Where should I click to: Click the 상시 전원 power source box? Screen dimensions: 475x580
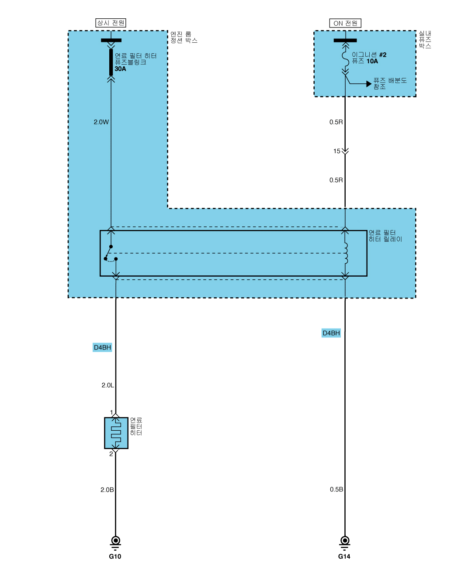111,23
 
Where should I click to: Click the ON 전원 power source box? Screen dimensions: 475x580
345,23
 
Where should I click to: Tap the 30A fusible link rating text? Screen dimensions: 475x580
120,69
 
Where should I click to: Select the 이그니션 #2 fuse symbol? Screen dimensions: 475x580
345,58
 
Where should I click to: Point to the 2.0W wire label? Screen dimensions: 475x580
101,122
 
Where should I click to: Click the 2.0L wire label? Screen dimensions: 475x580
107,385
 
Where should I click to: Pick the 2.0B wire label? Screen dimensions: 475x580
107,490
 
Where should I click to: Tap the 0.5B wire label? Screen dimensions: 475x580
336,490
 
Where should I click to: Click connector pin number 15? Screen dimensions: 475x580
336,151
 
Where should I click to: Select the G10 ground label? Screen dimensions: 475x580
115,556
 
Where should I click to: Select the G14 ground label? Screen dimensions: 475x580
344,556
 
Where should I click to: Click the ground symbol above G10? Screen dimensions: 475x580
115,542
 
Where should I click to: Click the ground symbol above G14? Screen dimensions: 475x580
345,542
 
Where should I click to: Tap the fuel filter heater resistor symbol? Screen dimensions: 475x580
116,433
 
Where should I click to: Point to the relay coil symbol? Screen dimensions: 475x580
346,253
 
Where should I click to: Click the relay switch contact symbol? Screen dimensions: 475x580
111,254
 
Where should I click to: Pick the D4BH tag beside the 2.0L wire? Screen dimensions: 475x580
102,347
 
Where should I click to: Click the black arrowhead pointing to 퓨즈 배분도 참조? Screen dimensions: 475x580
369,84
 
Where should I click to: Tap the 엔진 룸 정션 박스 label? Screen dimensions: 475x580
184,37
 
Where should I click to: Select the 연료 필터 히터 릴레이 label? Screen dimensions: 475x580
385,236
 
